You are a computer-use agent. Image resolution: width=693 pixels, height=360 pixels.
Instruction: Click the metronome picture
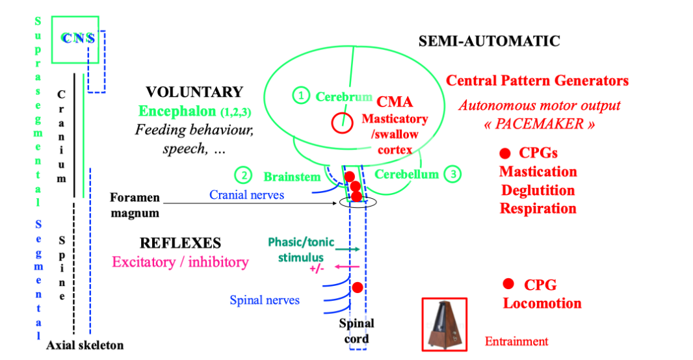445,324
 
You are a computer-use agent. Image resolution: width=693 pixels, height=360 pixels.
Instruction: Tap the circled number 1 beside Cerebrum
300,96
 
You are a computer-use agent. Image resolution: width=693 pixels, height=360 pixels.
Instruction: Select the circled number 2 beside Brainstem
243,175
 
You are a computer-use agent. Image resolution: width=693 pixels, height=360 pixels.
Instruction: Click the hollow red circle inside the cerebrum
339,122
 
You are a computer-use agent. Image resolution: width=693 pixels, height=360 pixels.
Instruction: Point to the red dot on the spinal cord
357,287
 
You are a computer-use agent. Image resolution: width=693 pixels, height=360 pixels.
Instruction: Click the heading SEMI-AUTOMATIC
489,42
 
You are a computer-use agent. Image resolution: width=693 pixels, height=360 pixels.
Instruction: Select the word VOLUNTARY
194,92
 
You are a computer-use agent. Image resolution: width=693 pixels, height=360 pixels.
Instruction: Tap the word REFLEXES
180,244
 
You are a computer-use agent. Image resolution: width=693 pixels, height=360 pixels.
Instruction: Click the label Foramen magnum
135,204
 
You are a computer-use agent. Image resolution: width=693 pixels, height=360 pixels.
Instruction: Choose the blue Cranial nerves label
246,194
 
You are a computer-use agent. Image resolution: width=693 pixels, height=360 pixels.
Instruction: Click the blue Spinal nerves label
265,300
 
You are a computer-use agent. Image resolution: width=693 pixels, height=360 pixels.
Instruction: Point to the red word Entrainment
516,341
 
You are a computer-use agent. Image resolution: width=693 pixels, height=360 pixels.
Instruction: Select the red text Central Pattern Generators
537,81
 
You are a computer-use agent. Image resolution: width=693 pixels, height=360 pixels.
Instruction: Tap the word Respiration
538,209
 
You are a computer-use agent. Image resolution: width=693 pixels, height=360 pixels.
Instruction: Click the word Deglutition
538,190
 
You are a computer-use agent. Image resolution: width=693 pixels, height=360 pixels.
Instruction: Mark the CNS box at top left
75,39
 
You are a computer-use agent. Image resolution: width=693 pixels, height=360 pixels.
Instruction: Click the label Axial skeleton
85,345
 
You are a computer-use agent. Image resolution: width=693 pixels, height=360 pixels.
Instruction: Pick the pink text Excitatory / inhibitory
180,262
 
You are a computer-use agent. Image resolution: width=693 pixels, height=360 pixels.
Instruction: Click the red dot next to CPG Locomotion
509,283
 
